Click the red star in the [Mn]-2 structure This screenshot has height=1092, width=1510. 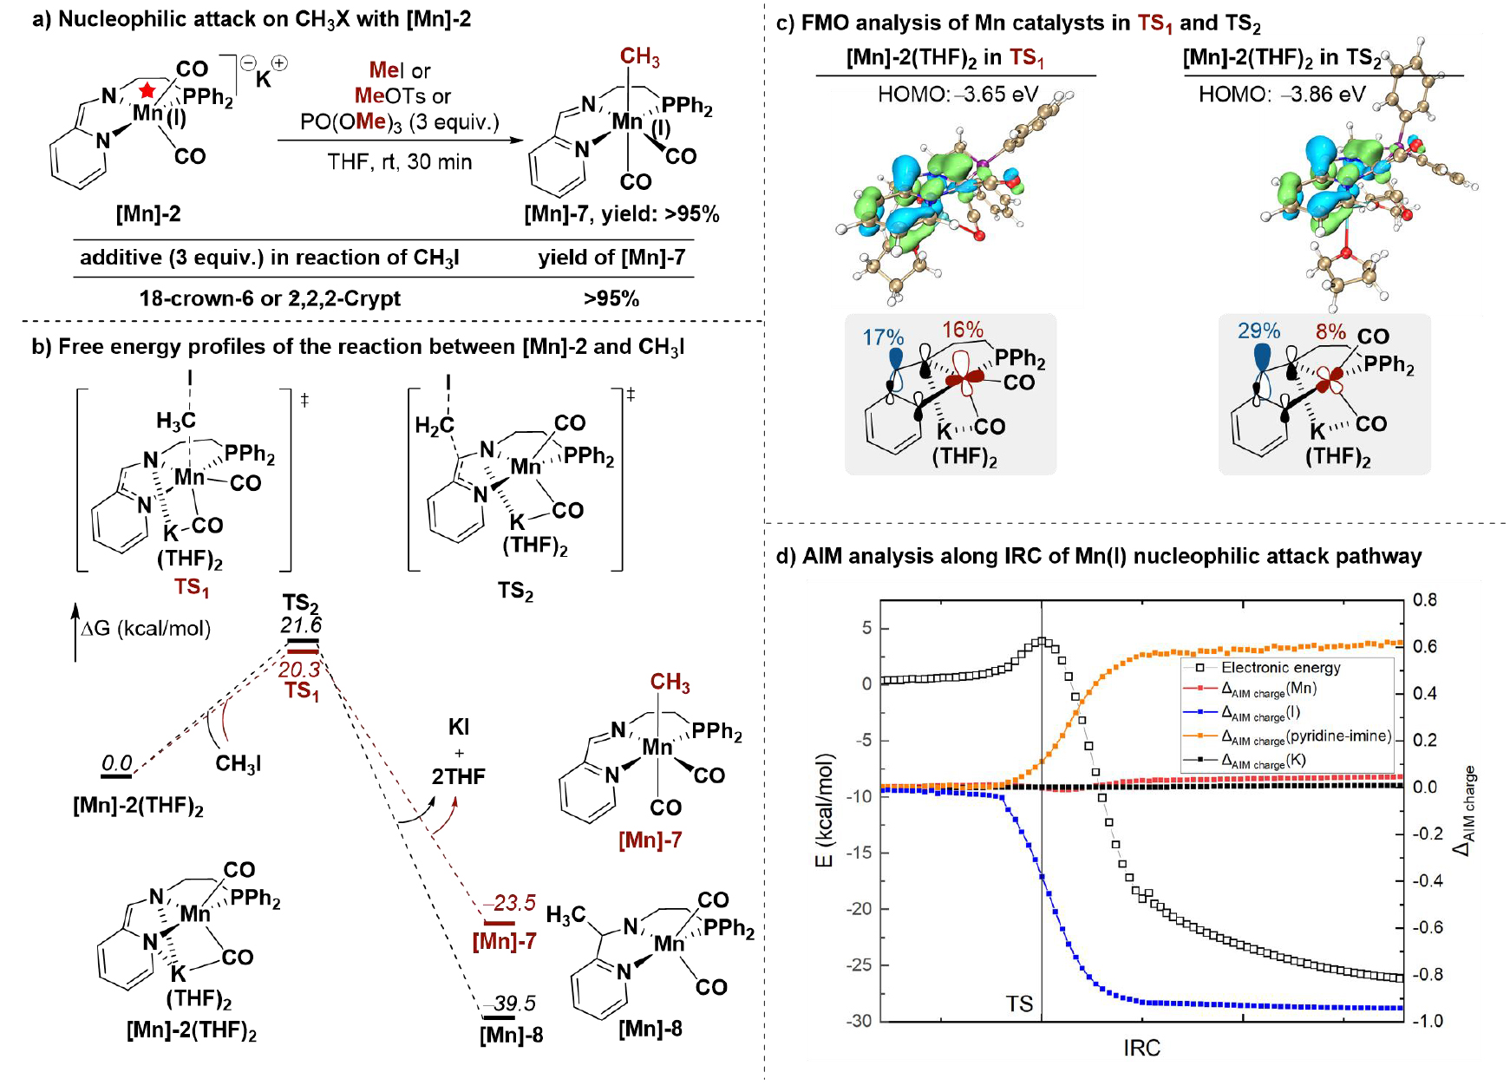pos(147,89)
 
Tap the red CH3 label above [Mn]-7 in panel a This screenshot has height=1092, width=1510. pos(639,57)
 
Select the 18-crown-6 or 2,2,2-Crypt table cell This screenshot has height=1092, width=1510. pos(270,298)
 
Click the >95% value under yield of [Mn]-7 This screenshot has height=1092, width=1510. pos(611,298)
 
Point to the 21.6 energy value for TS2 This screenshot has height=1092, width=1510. pos(301,625)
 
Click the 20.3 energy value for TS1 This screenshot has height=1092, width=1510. pos(299,670)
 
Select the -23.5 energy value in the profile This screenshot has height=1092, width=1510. pos(514,903)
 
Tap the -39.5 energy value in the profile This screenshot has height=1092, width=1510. pos(514,1004)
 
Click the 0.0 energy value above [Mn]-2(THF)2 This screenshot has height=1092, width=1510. pos(117,763)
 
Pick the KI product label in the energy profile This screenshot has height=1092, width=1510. pos(459,727)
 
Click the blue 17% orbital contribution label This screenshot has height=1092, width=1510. pos(883,337)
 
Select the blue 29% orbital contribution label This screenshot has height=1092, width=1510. pos(1258,331)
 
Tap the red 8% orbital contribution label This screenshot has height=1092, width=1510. pos(1330,332)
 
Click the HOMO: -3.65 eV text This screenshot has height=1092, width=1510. pos(958,94)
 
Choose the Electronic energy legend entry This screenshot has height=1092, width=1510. pos(1280,668)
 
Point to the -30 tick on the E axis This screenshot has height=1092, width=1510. pos(859,1021)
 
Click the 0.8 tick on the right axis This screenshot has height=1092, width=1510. pos(1425,600)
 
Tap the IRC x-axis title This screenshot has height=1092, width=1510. pos(1141,1048)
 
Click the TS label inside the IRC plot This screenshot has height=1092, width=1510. pos(1019,1004)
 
